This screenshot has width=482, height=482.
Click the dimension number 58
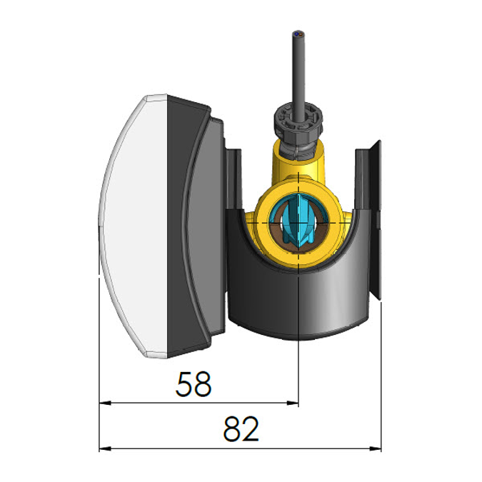[x=194, y=385]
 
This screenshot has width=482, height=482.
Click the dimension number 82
[x=240, y=430]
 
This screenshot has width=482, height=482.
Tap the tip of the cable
[x=297, y=34]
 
